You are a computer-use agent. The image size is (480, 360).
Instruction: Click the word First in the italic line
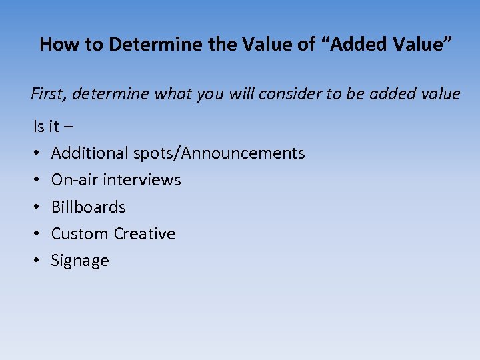pos(48,94)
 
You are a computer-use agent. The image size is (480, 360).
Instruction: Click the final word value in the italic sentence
pos(439,94)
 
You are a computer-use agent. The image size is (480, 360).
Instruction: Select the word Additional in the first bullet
pos(90,153)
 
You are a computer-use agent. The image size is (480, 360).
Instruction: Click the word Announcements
pos(243,153)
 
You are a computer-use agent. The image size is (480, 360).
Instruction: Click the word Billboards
pos(88,207)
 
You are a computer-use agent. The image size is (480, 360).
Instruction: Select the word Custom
pos(80,234)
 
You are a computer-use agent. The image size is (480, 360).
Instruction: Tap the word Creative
pos(145,234)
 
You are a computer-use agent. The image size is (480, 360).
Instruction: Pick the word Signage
pos(80,261)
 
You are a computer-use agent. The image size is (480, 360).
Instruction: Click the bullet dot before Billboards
pos(37,207)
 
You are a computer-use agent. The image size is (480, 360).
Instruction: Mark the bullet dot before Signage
pos(37,261)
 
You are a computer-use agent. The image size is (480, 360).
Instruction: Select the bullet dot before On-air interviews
pos(37,180)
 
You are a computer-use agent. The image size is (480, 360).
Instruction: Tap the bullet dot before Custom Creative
pos(37,234)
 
